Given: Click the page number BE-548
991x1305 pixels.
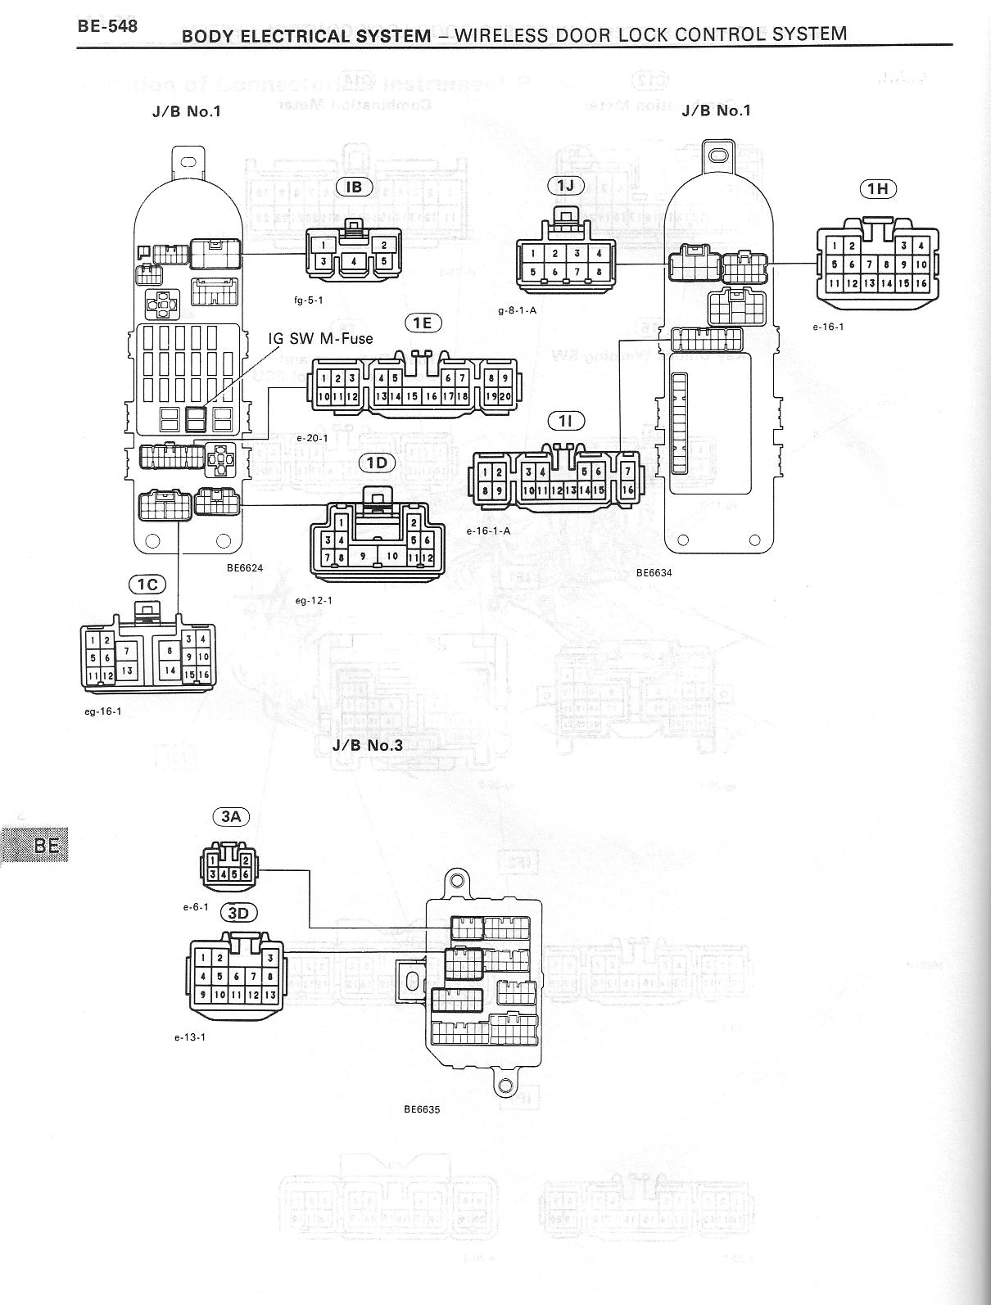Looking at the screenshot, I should tap(107, 25).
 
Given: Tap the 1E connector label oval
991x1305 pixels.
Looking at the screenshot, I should tap(422, 323).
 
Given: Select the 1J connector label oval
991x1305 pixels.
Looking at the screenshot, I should tap(566, 185).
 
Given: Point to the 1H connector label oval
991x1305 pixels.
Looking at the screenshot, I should tap(878, 189).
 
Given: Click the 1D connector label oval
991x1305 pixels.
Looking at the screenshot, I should tap(377, 463).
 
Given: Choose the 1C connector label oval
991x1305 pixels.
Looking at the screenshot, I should tap(147, 584).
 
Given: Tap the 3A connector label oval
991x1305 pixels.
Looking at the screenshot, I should tap(232, 816).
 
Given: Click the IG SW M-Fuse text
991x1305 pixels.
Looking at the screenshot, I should tap(320, 338).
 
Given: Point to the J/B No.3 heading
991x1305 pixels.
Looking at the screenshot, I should tap(368, 746).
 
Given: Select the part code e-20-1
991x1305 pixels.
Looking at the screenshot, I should tap(313, 438).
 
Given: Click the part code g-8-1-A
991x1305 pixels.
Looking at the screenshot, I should tap(517, 310).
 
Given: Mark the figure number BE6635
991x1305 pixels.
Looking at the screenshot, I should tap(422, 1110).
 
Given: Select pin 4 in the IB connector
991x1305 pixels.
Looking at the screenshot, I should tap(353, 261).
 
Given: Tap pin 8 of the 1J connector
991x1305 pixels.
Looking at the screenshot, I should tap(599, 272).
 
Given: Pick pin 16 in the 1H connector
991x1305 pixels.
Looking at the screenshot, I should tap(921, 283).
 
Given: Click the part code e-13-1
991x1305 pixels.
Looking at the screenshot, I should tap(189, 1037).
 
